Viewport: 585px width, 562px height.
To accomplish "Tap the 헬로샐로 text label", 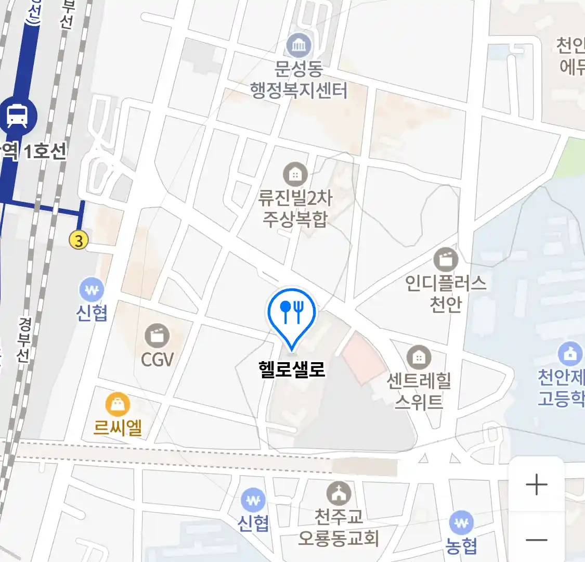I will point(292,369).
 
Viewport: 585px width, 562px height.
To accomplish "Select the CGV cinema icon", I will point(157,336).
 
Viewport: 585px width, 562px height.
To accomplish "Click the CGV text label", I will point(157,359).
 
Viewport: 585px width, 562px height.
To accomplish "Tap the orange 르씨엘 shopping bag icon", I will point(118,404).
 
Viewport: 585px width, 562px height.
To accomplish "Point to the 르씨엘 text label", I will point(118,428).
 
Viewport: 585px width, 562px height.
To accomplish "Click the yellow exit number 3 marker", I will point(79,240).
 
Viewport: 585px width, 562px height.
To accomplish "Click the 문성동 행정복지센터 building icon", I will point(298,46).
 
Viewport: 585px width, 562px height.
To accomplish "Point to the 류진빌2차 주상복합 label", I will point(295,208).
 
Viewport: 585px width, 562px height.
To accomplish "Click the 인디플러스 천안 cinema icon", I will point(446,259).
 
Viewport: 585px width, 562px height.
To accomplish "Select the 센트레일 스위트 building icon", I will point(419,357).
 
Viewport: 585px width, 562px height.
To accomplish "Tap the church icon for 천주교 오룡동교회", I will point(339,493).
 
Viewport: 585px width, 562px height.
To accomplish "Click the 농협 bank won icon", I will point(461,522).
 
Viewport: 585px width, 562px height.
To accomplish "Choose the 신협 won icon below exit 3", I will point(92,290).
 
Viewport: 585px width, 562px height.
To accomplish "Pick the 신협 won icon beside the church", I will point(253,501).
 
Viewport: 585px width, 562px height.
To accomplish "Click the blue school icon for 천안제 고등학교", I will point(570,354).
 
